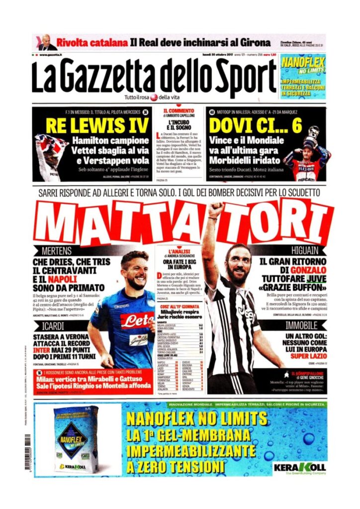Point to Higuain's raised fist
pos(215,209)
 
